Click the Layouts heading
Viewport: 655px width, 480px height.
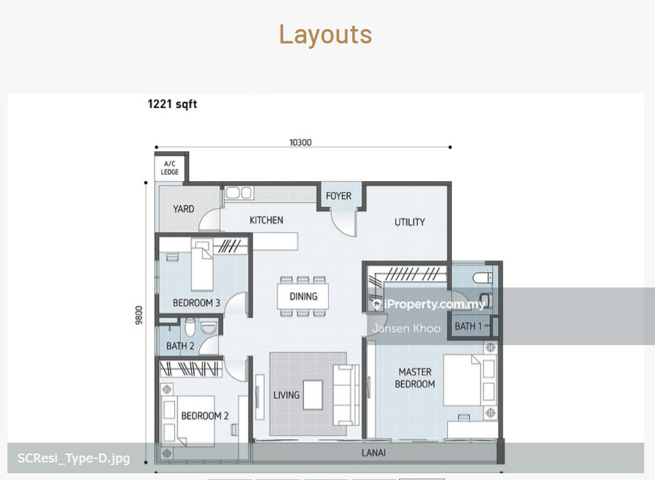click(325, 35)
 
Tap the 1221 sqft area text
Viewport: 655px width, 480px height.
click(172, 104)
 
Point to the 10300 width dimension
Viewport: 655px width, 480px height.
click(300, 142)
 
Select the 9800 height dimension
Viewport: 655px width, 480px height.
click(139, 315)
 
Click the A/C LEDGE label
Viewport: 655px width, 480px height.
click(169, 167)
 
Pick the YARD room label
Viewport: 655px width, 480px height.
click(184, 209)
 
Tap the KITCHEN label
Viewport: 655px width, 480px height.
click(266, 220)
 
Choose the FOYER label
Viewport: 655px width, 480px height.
click(339, 196)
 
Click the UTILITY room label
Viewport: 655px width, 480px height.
click(409, 222)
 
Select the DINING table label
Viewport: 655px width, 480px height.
click(303, 296)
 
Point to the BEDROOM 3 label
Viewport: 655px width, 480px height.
click(196, 303)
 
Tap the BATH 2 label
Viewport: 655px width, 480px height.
click(180, 346)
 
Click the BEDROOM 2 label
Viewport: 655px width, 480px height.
click(205, 416)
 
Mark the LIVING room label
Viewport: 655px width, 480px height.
click(286, 395)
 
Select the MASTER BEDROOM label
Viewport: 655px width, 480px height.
click(415, 378)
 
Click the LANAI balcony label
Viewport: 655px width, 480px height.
click(373, 452)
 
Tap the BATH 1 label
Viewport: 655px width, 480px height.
click(468, 326)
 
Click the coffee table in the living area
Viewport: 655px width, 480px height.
click(312, 395)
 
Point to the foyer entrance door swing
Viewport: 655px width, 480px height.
click(344, 223)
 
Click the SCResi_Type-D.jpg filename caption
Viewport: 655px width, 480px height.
click(74, 458)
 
